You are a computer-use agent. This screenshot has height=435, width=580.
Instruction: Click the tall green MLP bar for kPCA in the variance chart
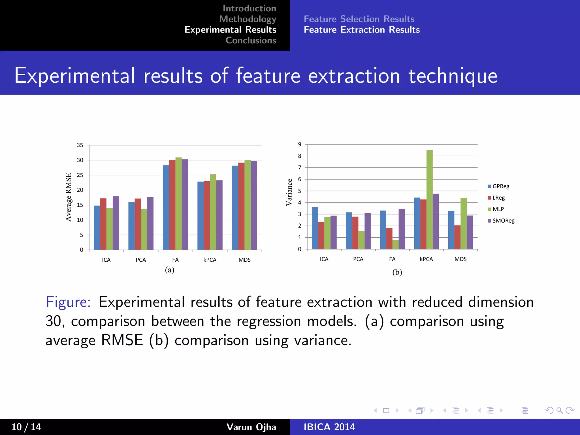[x=429, y=200]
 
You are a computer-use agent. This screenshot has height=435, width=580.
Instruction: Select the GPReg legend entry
[x=500, y=186]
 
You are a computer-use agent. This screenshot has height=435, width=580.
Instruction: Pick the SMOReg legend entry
[x=503, y=221]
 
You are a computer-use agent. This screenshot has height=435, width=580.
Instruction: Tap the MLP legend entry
[x=498, y=209]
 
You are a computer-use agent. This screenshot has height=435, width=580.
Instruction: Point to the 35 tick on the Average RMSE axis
[x=80, y=145]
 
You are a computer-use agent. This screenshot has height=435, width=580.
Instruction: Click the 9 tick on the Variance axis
[x=300, y=144]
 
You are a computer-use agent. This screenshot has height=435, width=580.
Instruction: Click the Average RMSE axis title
[x=69, y=197]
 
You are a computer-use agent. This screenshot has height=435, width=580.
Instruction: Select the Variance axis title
[x=289, y=192]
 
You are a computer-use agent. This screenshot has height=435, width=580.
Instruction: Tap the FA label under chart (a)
[x=175, y=260]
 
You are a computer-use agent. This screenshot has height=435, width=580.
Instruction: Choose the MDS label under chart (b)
[x=460, y=259]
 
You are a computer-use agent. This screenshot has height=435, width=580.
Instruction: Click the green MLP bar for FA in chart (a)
[x=178, y=204]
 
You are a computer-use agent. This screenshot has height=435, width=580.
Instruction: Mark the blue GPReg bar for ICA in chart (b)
[x=315, y=228]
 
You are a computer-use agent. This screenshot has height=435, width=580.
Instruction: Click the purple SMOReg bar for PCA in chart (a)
[x=150, y=223]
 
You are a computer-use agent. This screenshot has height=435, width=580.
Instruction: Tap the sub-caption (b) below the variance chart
[x=397, y=272]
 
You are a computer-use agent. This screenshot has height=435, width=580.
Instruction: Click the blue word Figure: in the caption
[x=68, y=302]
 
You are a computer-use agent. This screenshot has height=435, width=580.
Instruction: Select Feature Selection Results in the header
[x=359, y=19]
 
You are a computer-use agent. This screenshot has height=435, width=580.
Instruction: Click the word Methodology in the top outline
[x=248, y=19]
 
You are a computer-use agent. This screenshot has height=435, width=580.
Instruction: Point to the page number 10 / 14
[x=26, y=427]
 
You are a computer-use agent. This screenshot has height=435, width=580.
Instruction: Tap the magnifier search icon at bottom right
[x=559, y=410]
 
